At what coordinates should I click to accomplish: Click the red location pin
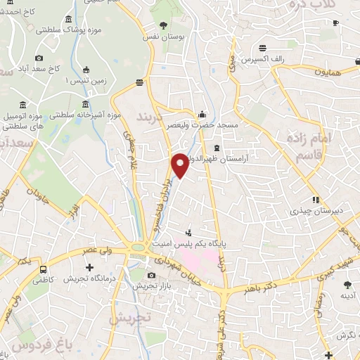[180, 165]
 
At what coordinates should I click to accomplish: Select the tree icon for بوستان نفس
[164, 25]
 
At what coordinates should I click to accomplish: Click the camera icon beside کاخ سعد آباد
[39, 58]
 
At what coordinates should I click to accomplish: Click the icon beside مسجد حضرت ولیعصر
[203, 114]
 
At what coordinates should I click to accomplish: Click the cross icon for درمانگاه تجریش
[89, 267]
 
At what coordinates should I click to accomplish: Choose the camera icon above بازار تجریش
[152, 275]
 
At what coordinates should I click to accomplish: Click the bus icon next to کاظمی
[44, 269]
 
